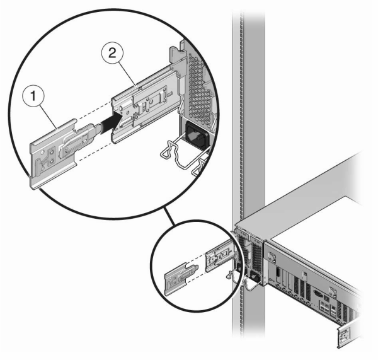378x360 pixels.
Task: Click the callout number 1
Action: [33, 96]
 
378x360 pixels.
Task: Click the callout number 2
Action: [112, 53]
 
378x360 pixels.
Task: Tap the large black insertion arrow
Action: [112, 124]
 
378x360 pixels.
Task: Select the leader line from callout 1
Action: [49, 117]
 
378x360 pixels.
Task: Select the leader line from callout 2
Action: [127, 74]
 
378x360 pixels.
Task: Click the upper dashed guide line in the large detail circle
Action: [94, 111]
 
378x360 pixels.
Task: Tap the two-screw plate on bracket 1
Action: [52, 158]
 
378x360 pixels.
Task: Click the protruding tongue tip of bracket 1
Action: [98, 129]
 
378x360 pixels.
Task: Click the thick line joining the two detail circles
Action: [168, 217]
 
